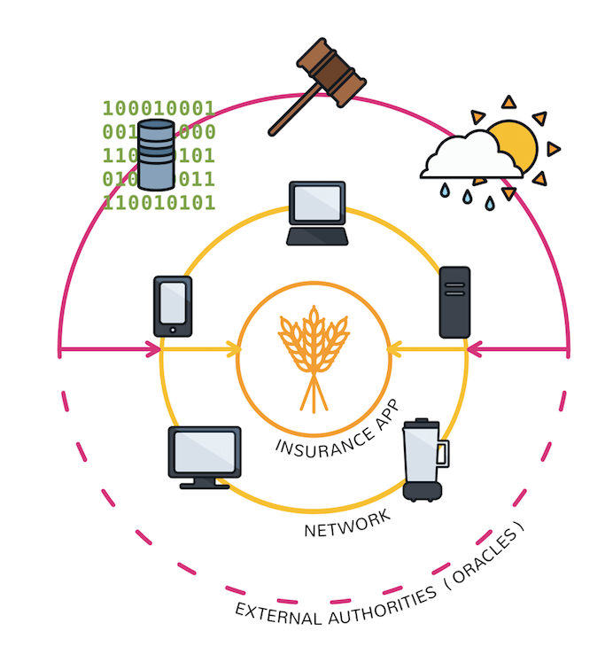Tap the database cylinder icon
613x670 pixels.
click(156, 156)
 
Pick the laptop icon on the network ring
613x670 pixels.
click(316, 213)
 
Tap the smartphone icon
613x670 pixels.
click(173, 306)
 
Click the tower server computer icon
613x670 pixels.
click(454, 301)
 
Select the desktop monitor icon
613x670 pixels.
click(205, 456)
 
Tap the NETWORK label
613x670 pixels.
click(346, 524)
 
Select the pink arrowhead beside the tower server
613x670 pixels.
click(474, 350)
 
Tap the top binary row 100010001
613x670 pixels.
click(159, 109)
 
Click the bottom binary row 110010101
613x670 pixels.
click(159, 203)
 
